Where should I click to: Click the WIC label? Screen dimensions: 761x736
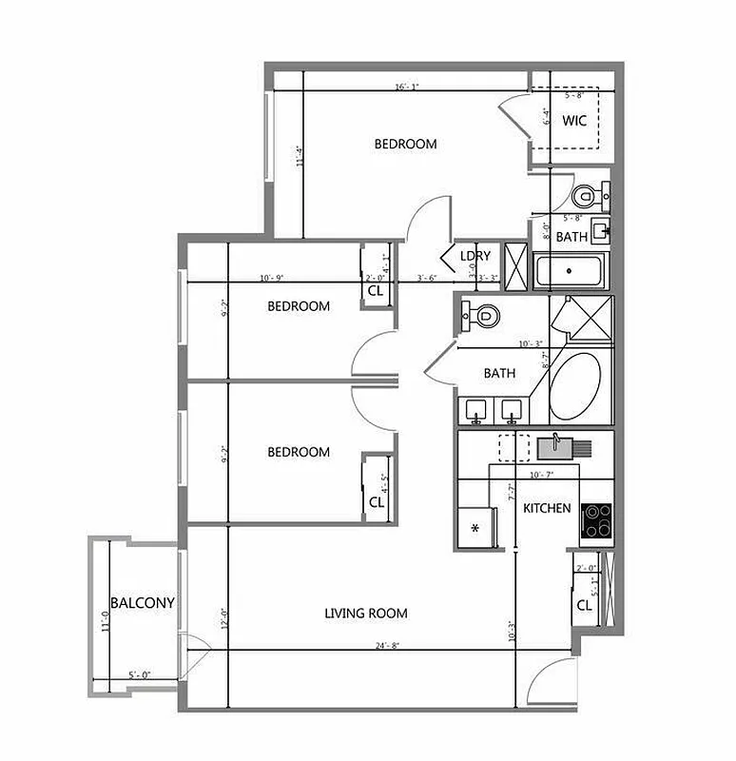(573, 121)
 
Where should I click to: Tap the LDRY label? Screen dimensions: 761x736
(475, 256)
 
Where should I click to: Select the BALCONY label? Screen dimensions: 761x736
(142, 603)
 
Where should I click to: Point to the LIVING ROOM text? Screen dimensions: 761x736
(366, 614)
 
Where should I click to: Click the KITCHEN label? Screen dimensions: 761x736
(547, 508)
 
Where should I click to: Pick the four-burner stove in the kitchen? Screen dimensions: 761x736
(596, 521)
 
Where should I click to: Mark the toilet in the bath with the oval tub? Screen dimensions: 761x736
(484, 315)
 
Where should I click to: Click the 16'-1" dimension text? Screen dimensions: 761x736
(407, 88)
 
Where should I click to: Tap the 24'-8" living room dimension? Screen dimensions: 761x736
(387, 646)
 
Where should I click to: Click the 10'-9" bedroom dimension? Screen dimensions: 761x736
(271, 278)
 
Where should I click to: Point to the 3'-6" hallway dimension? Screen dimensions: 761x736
(428, 279)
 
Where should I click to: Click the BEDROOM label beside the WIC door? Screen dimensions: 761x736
(405, 145)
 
